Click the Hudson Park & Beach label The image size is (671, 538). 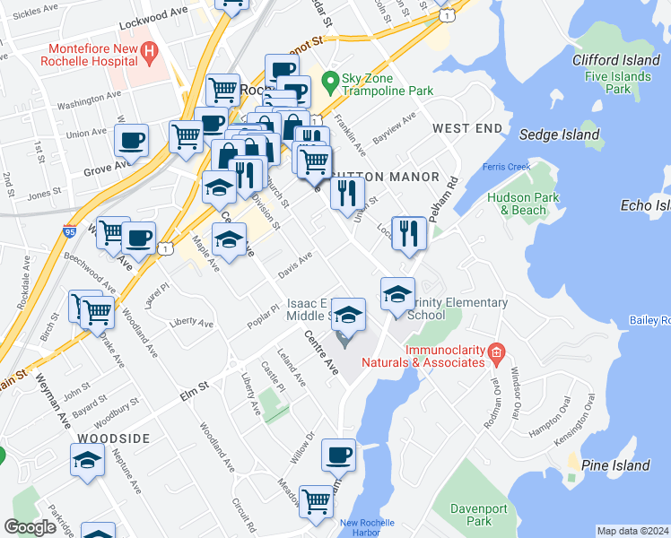(517, 204)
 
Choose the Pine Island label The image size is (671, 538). (615, 465)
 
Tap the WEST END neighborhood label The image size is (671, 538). (466, 129)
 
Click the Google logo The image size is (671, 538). (30, 526)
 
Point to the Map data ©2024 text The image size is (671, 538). (632, 531)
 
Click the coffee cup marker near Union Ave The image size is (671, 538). (132, 141)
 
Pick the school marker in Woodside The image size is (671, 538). (86, 461)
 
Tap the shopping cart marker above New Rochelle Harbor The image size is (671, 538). (317, 502)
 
